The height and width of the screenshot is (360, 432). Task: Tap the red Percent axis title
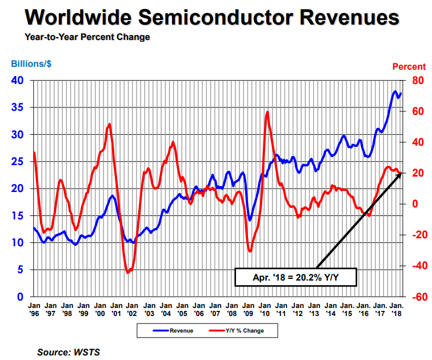[x=409, y=67]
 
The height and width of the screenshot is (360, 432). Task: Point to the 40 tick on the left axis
[x=18, y=81]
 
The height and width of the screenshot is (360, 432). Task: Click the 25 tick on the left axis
[x=18, y=162]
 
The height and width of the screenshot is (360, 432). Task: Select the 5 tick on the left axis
[x=21, y=270]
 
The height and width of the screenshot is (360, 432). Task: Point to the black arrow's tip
[x=401, y=172]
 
